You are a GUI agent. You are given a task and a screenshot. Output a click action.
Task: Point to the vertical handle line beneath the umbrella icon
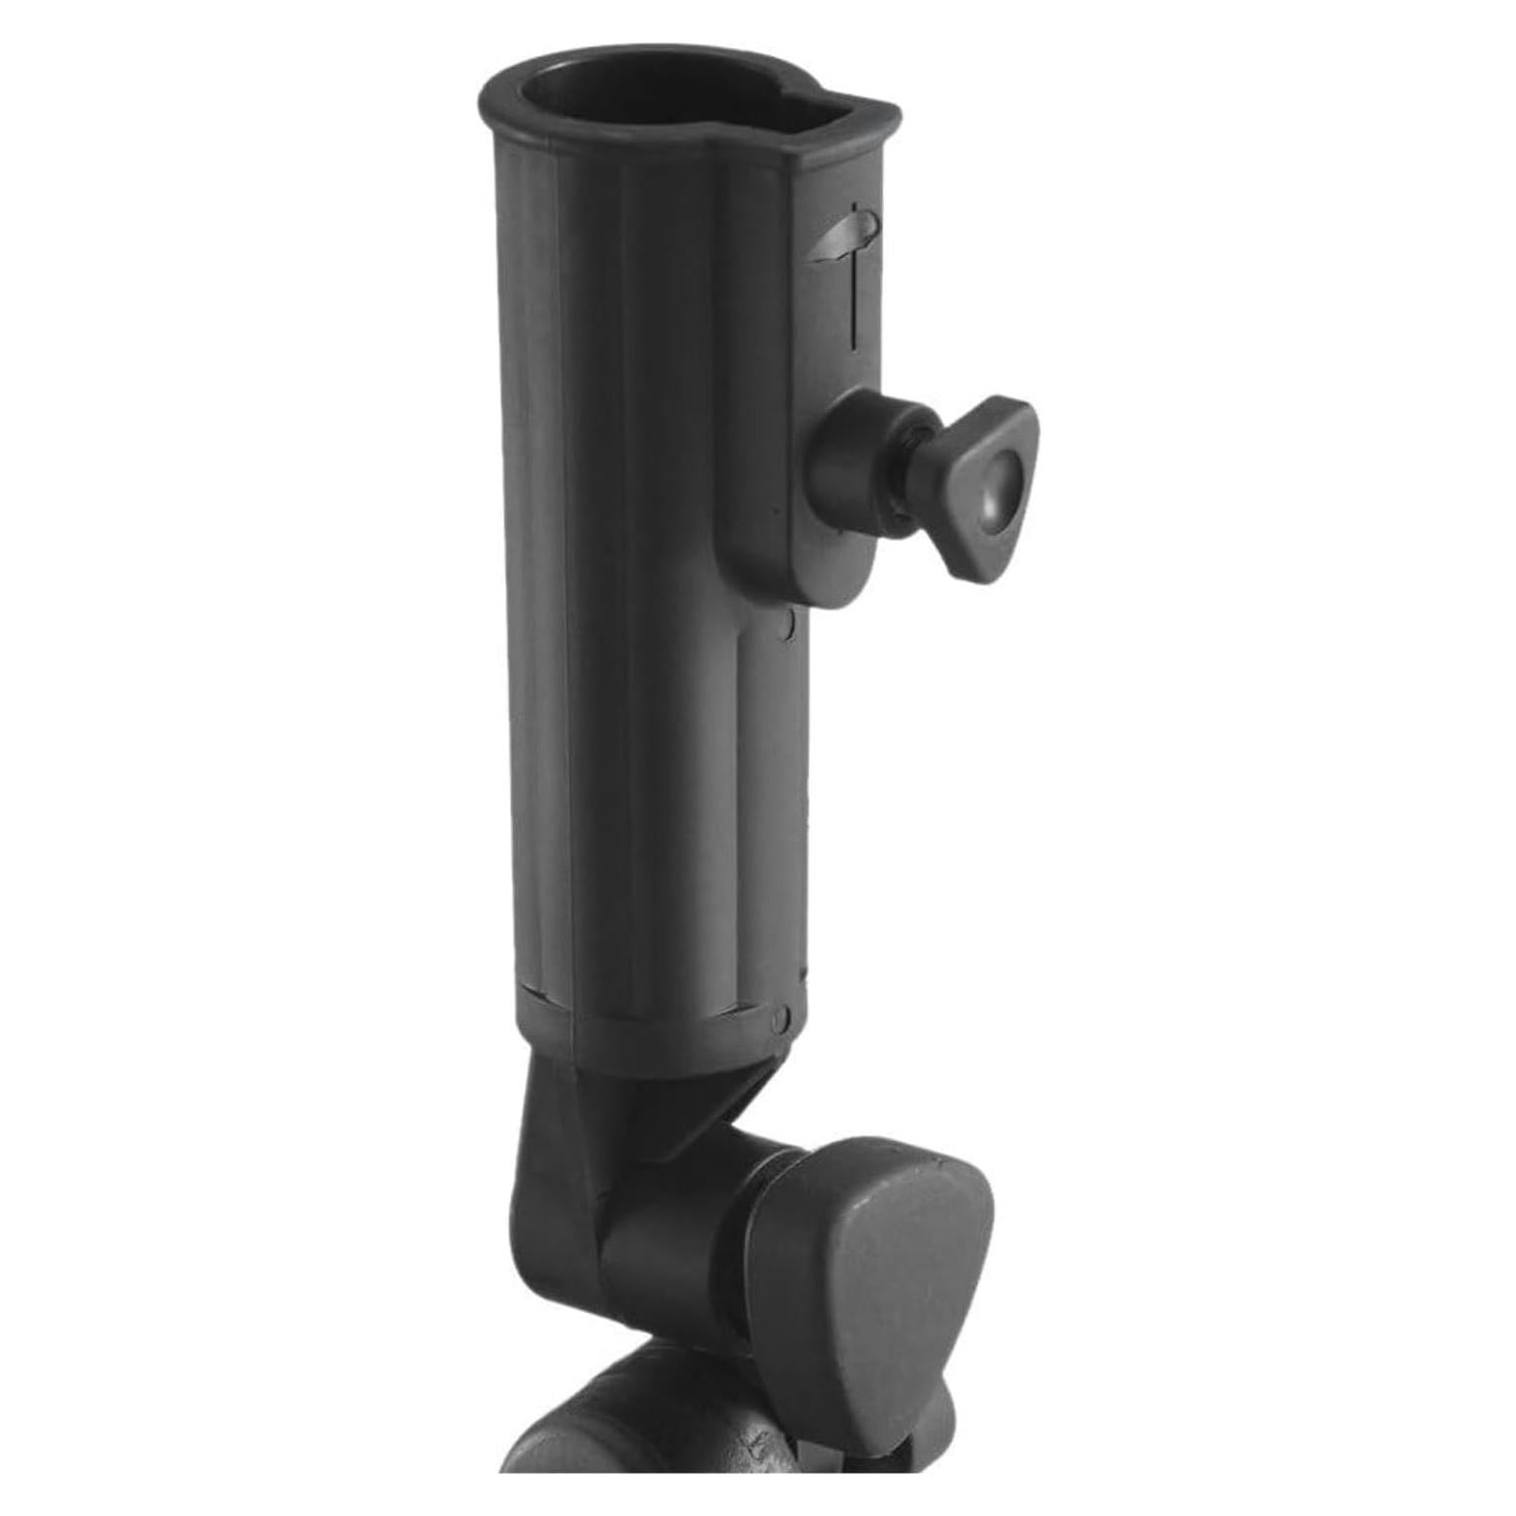854,304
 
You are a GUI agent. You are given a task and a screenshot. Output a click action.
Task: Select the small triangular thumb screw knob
987,486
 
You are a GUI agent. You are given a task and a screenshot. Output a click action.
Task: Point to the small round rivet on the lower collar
780,1018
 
